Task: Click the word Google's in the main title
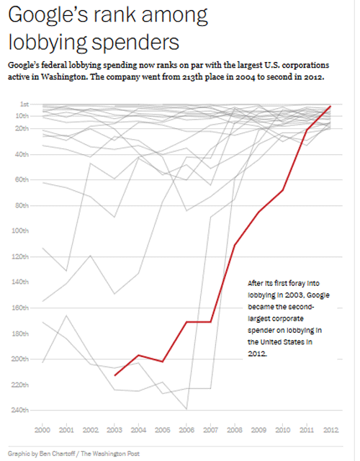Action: [x=48, y=16]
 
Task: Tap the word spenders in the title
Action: [x=135, y=42]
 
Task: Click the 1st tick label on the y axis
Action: [x=24, y=104]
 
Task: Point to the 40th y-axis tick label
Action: [x=22, y=154]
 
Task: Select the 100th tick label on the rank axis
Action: [x=20, y=230]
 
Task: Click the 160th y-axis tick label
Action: [x=20, y=308]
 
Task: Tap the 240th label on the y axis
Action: [x=20, y=410]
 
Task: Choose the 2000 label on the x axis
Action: [x=42, y=430]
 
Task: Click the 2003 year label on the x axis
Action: [x=114, y=430]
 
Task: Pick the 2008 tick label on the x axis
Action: [x=235, y=430]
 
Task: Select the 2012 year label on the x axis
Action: [x=331, y=430]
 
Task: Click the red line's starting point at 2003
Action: [x=114, y=375]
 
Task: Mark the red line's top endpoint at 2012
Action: [x=330, y=106]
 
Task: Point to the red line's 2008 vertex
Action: [x=235, y=245]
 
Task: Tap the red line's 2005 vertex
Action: [x=163, y=362]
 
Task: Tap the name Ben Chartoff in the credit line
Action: [x=58, y=454]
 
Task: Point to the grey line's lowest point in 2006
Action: [x=186, y=409]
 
